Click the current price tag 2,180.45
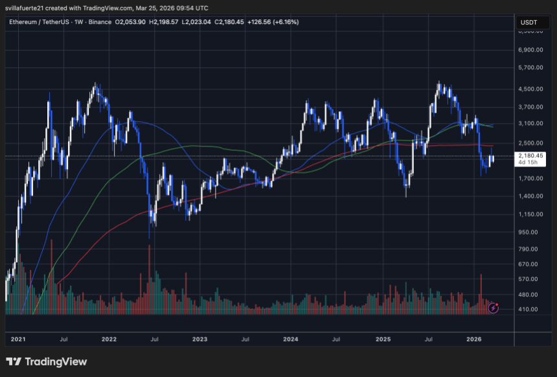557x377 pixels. point(530,155)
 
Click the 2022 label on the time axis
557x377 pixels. point(109,339)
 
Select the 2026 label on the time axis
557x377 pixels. point(474,339)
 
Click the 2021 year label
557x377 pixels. point(18,339)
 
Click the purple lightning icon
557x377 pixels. point(494,308)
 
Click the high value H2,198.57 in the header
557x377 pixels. point(166,22)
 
